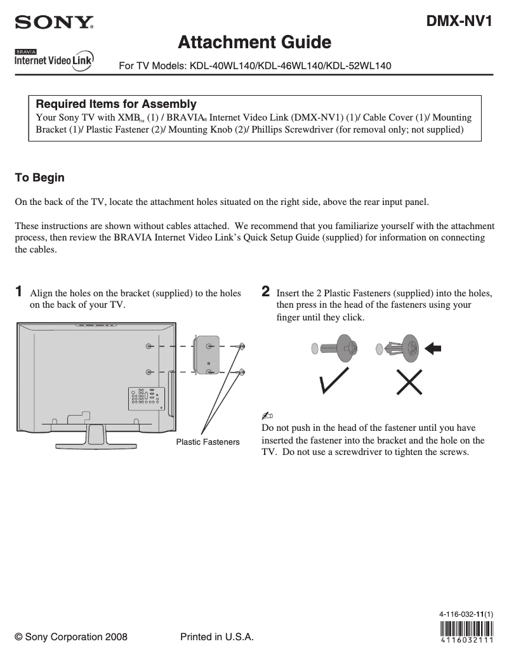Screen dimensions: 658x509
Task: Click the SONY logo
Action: (x=55, y=23)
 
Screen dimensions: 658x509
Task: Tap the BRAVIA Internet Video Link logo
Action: (x=55, y=59)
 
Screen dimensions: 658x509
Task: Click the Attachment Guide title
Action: (x=255, y=43)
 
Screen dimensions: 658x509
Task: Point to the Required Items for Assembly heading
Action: (x=116, y=104)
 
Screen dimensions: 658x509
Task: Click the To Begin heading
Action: (x=39, y=178)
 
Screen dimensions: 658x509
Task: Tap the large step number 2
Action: (x=266, y=292)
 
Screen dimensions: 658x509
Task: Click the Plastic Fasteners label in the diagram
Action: (x=208, y=442)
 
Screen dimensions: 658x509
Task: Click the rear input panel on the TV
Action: (x=146, y=397)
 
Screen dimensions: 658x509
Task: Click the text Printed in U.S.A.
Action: (x=217, y=637)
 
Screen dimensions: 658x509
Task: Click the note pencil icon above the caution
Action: (x=267, y=415)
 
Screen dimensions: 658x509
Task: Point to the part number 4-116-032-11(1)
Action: (x=466, y=614)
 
